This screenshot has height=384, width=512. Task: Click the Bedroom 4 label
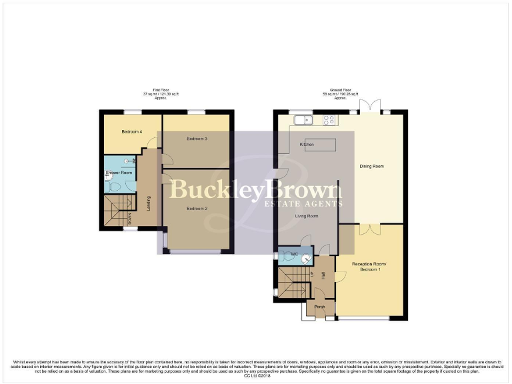point(131,132)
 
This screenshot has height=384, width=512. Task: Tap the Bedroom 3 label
point(197,139)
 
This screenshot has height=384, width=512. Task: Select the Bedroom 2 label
point(197,209)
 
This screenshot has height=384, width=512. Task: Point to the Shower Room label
point(118,173)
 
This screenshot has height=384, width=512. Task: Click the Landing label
point(148,201)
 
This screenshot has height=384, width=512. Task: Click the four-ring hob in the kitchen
point(329,120)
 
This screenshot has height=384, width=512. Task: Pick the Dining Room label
point(372,166)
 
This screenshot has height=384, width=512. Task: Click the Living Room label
point(307,216)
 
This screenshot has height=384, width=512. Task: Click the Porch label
point(319,307)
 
